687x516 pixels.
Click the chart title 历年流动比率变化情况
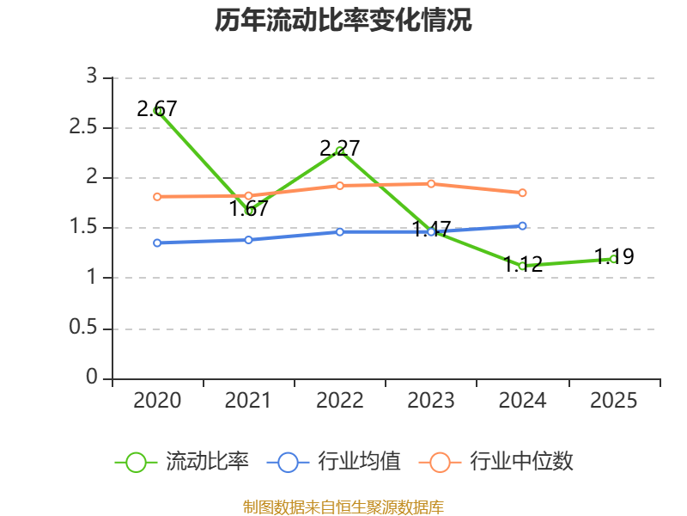[343, 20]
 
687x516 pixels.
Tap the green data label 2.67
[157, 109]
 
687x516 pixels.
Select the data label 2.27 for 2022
[339, 148]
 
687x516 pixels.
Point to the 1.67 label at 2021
[248, 208]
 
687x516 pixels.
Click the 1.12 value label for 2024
[523, 265]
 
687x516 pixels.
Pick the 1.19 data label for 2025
[614, 256]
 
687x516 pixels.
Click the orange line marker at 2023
[431, 184]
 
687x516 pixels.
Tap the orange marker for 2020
[157, 197]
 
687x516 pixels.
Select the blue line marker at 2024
[522, 226]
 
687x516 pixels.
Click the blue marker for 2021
[248, 240]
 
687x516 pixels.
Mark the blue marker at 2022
[340, 231]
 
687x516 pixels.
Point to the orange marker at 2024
[522, 193]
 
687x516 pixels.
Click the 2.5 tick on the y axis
[82, 127]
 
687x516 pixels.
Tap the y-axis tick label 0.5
[82, 328]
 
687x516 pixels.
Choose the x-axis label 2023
[431, 401]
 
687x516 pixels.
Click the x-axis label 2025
[613, 401]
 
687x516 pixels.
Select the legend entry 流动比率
[182, 462]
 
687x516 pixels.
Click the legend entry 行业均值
[333, 462]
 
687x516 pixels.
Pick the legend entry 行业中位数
[496, 462]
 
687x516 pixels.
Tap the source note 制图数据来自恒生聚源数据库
[343, 507]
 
